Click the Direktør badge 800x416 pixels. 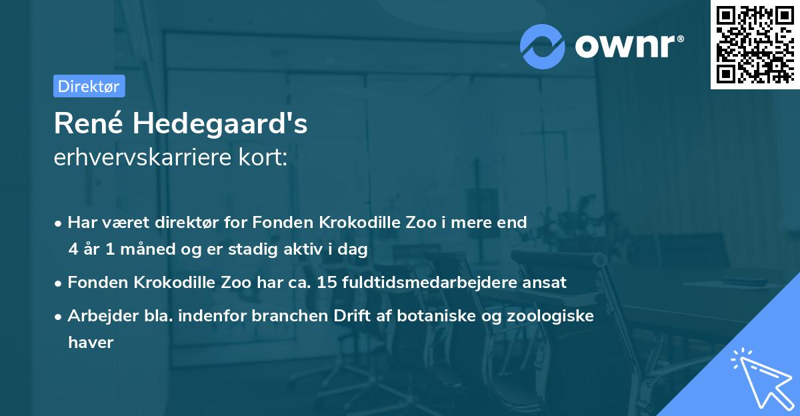[x=89, y=86]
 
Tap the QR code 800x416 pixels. [x=755, y=45]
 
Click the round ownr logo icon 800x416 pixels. [x=543, y=46]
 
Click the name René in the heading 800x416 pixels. [x=87, y=124]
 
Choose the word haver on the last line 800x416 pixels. [x=91, y=343]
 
